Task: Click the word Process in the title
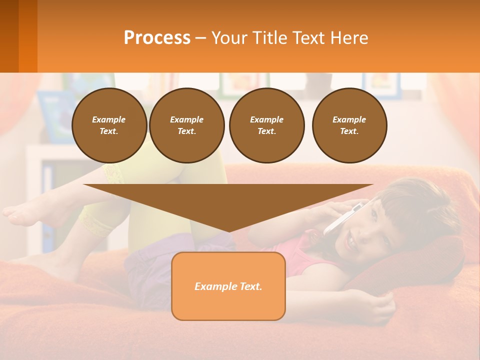coord(157,38)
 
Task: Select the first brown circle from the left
coord(109,125)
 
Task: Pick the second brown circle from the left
coord(186,125)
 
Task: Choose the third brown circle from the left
coord(266,125)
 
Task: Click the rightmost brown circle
coord(349,125)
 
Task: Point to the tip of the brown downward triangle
coord(228,230)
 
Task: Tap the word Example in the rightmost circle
coord(349,119)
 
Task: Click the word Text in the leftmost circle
coord(109,131)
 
